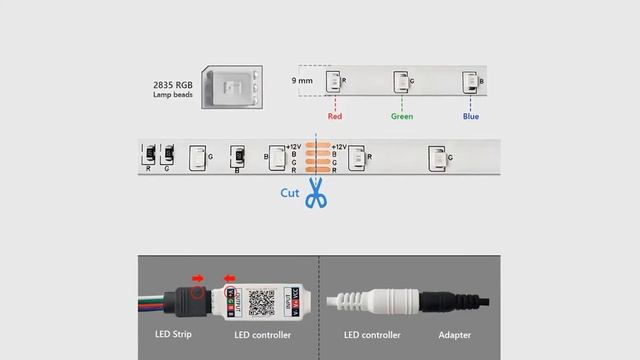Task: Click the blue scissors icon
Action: (317, 194)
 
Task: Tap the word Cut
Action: (290, 193)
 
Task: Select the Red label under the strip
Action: (334, 116)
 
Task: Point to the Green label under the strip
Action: (402, 116)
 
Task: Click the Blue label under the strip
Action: (470, 116)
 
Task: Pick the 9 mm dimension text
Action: (301, 79)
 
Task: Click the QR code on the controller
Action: (261, 299)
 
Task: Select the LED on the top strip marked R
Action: (333, 81)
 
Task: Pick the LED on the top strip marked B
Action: (469, 81)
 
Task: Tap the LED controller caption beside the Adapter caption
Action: (373, 335)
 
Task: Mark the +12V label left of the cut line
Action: (293, 147)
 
